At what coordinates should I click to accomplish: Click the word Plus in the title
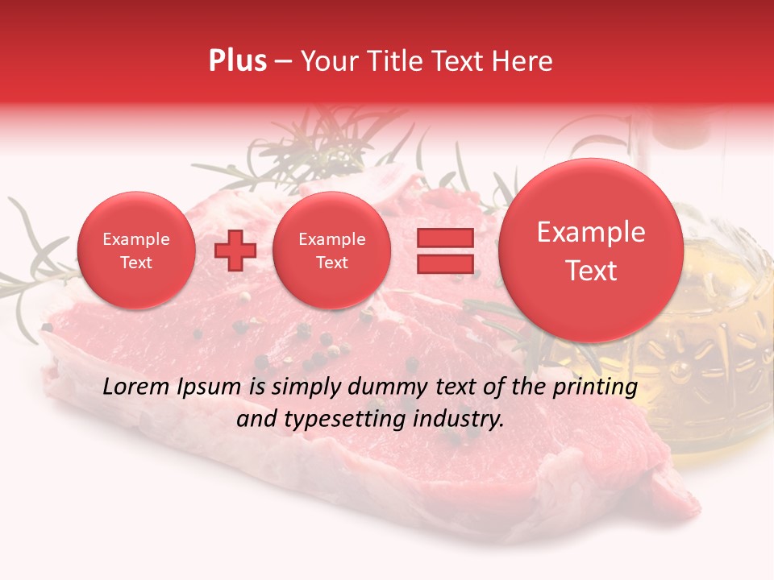click(x=237, y=61)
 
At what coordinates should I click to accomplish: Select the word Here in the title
click(x=522, y=61)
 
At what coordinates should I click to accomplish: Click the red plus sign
click(x=235, y=251)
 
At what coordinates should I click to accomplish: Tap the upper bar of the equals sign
click(x=445, y=238)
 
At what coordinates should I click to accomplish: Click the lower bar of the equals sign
click(x=445, y=264)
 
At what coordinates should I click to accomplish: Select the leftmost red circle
click(x=135, y=251)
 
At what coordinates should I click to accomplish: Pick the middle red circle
click(x=331, y=251)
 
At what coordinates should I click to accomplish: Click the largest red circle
click(x=591, y=251)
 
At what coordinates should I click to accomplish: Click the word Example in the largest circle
click(x=591, y=232)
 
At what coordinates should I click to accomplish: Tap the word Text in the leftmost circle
click(x=135, y=263)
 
